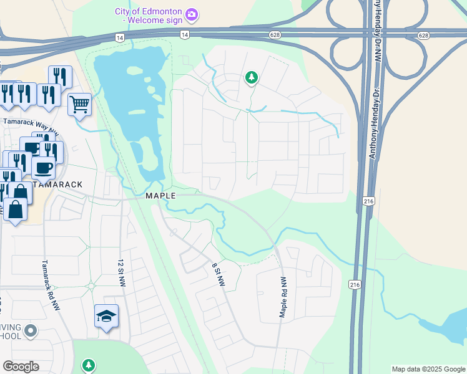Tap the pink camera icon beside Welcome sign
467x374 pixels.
tap(192, 13)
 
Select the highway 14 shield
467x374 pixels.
tap(119, 38)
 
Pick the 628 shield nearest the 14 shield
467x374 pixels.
tap(274, 34)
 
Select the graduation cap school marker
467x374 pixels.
tap(106, 317)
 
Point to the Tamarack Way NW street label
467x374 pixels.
tap(31, 125)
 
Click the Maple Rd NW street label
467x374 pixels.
tap(283, 298)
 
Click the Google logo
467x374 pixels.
tap(21, 366)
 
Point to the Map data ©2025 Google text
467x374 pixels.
tap(428, 369)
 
